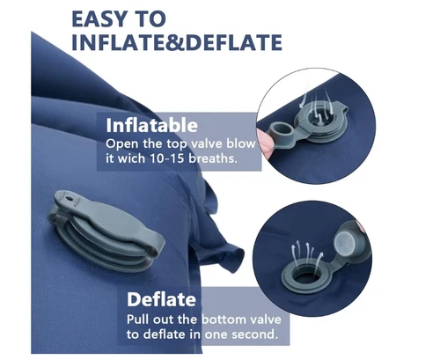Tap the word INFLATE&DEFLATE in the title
(176, 43)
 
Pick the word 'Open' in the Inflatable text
(121, 143)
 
